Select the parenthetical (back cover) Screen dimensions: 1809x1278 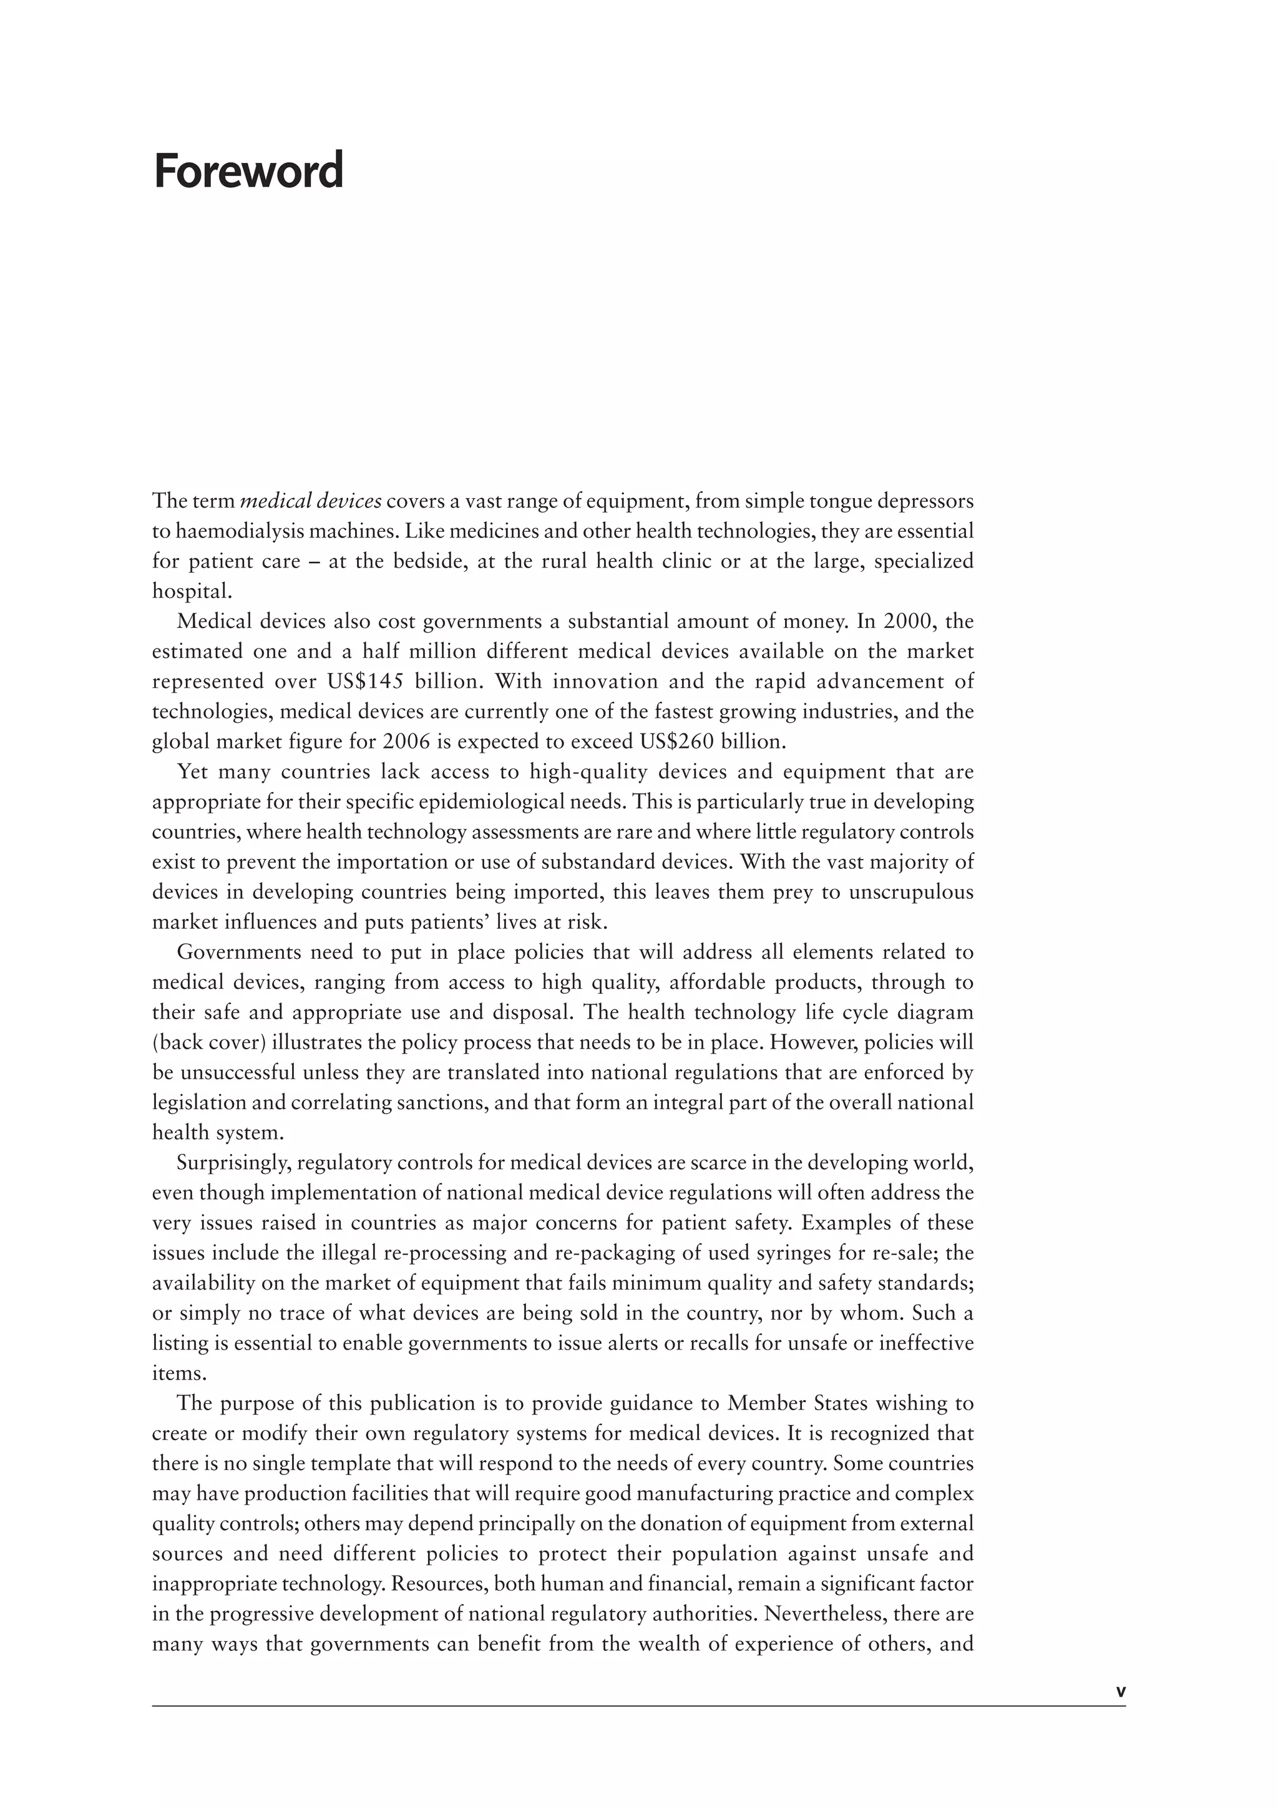208,1042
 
